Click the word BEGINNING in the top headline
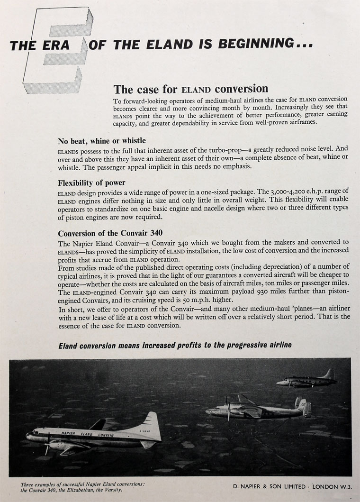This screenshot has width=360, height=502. (256, 44)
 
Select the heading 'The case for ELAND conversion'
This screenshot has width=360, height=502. (190, 89)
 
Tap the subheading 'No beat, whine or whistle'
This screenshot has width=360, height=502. (102, 141)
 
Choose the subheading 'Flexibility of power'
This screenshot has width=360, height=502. (91, 183)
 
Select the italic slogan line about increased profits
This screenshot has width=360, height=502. (175, 345)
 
